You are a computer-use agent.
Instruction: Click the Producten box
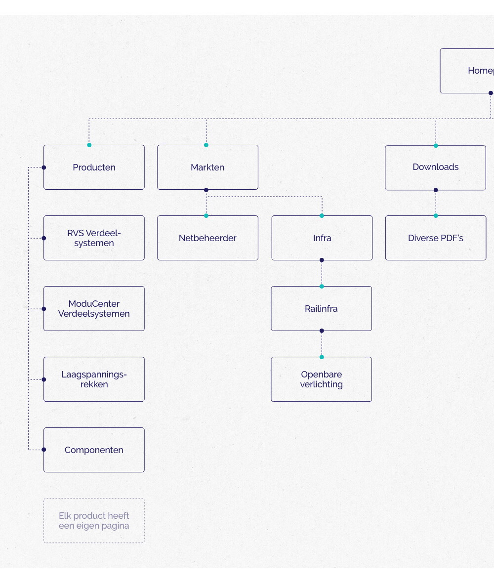pyautogui.click(x=94, y=167)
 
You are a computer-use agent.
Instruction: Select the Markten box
pyautogui.click(x=207, y=167)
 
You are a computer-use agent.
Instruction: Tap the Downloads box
pyautogui.click(x=435, y=167)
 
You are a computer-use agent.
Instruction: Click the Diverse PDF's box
pyautogui.click(x=435, y=238)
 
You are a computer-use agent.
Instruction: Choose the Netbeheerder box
pyautogui.click(x=207, y=238)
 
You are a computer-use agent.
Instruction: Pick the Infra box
pyautogui.click(x=322, y=238)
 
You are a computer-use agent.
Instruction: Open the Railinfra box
pyautogui.click(x=321, y=309)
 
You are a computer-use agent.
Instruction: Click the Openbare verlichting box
pyautogui.click(x=321, y=379)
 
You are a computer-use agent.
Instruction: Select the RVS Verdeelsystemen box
pyautogui.click(x=94, y=238)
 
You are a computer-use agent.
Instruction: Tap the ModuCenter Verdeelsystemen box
pyautogui.click(x=94, y=309)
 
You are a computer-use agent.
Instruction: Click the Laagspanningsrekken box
pyautogui.click(x=94, y=379)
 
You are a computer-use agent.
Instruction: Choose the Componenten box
pyautogui.click(x=94, y=450)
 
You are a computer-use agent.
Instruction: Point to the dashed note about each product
pyautogui.click(x=94, y=521)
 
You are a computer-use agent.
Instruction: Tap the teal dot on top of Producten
pyautogui.click(x=89, y=145)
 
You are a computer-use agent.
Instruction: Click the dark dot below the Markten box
pyautogui.click(x=206, y=190)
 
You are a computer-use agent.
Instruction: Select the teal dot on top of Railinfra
pyautogui.click(x=322, y=286)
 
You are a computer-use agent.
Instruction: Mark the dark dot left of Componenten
pyautogui.click(x=43, y=450)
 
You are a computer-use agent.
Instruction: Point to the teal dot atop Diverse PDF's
pyautogui.click(x=436, y=215)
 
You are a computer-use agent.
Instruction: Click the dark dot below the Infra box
pyautogui.click(x=322, y=260)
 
